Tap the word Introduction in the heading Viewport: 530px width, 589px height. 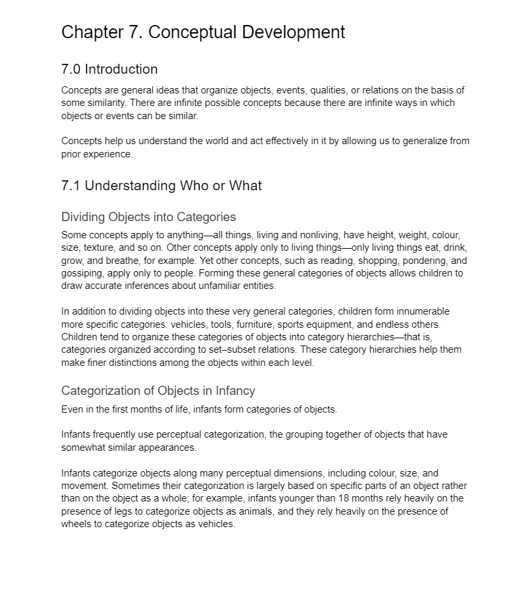tap(121, 69)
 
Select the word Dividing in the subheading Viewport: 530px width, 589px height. tap(84, 217)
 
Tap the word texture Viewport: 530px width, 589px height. tap(101, 248)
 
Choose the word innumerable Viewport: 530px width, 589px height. tap(418, 311)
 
